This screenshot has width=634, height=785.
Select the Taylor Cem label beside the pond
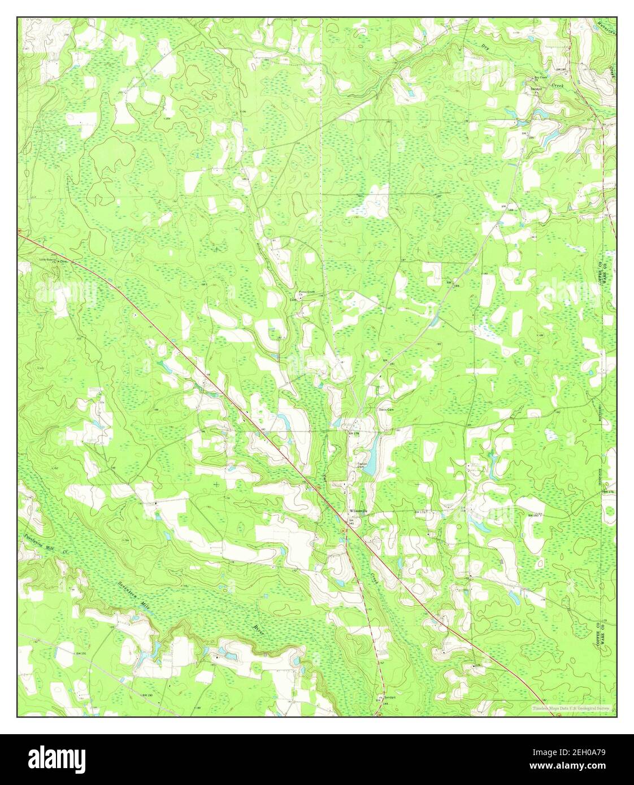[x=362, y=465]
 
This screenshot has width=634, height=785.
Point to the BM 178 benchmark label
[x=354, y=433]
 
